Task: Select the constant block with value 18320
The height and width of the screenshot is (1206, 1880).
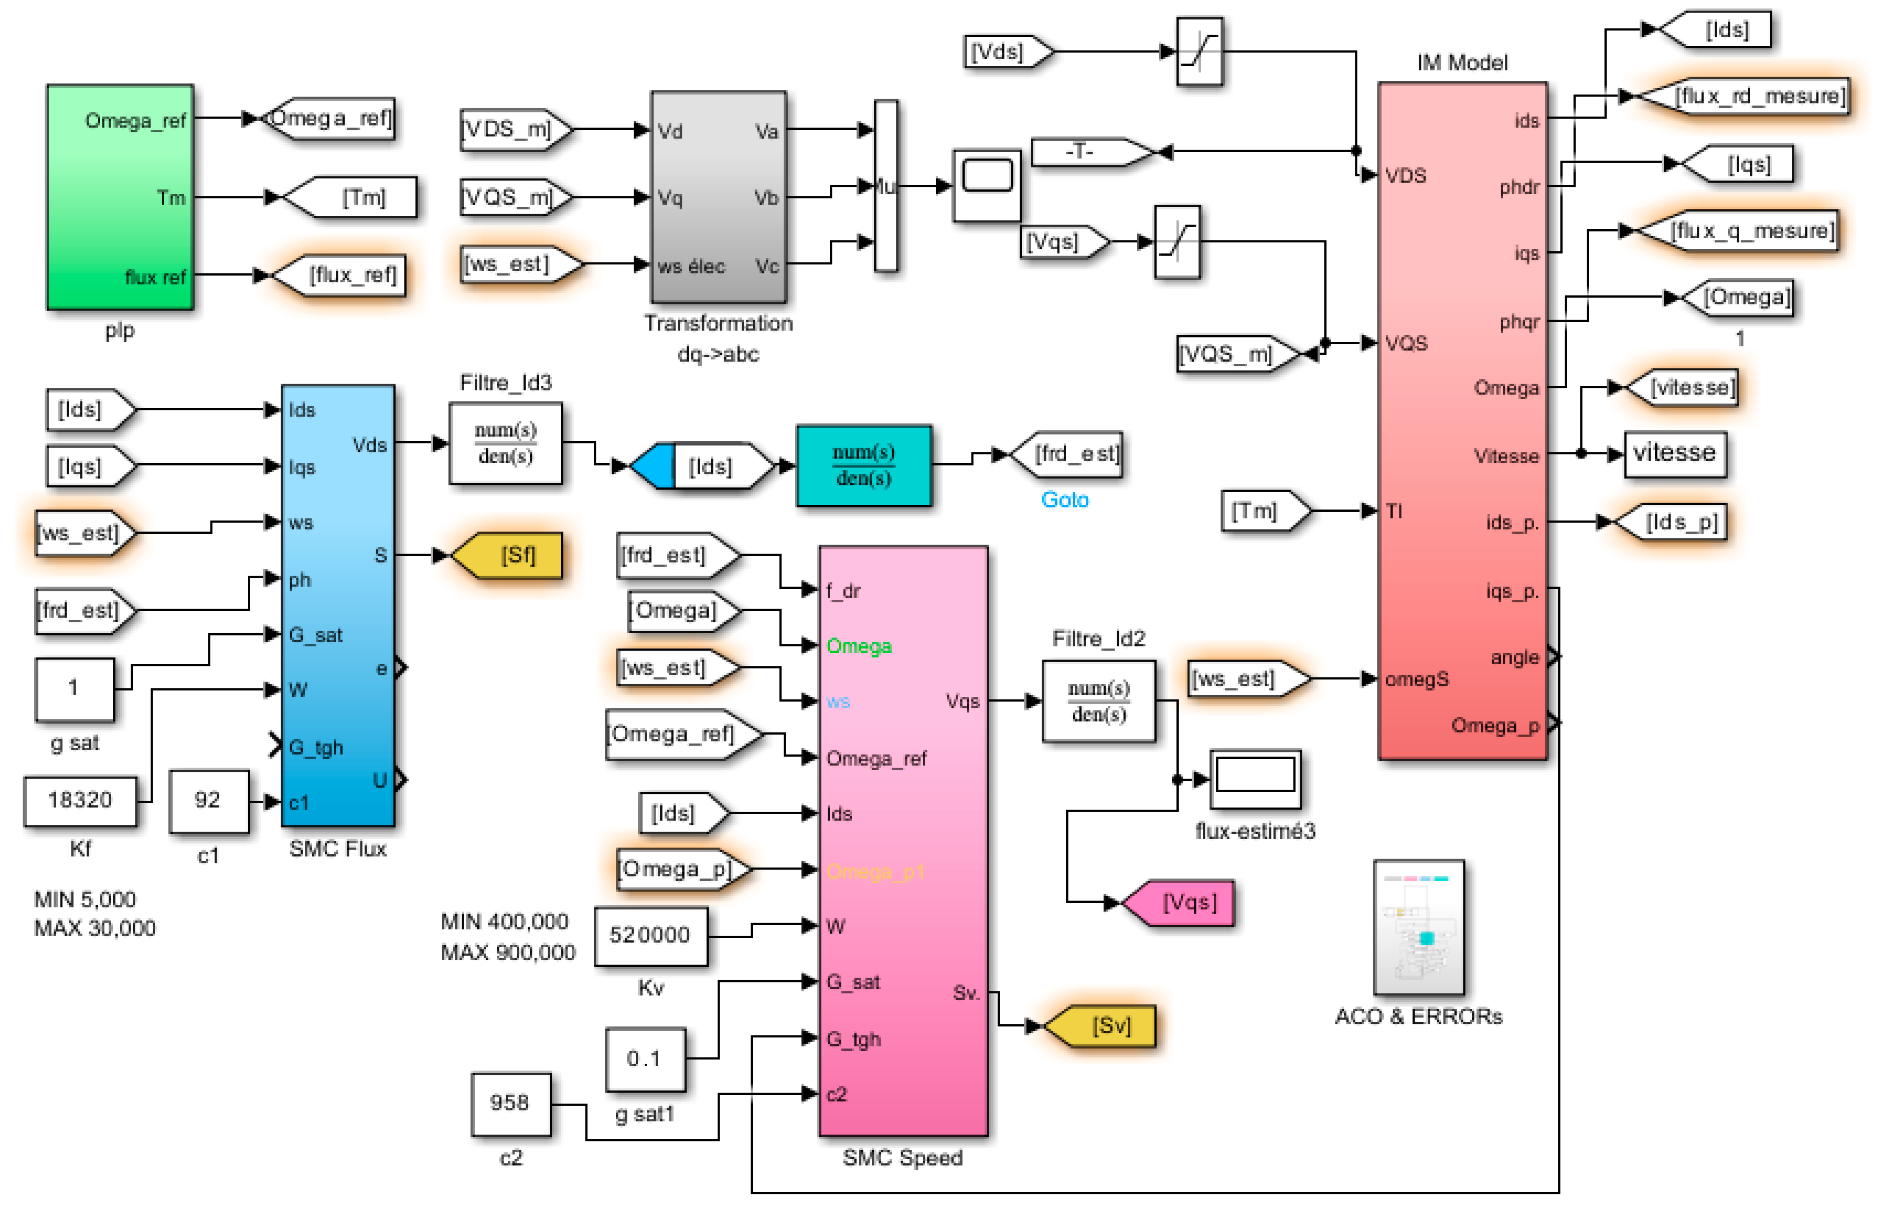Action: pos(80,800)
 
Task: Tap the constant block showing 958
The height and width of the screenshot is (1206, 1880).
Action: pos(510,1103)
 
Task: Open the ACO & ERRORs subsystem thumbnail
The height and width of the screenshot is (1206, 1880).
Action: pos(1418,927)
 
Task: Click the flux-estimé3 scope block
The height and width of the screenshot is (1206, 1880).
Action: pos(1255,778)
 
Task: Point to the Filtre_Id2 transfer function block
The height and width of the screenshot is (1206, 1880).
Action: pos(1098,701)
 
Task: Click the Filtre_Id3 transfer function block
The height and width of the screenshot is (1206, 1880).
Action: pos(505,443)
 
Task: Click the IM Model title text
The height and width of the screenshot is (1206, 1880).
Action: pos(1461,63)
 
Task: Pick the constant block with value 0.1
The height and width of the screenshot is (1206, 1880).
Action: pos(644,1059)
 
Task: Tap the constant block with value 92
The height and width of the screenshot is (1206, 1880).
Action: pos(208,800)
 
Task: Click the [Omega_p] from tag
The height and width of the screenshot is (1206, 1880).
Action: pos(678,869)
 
